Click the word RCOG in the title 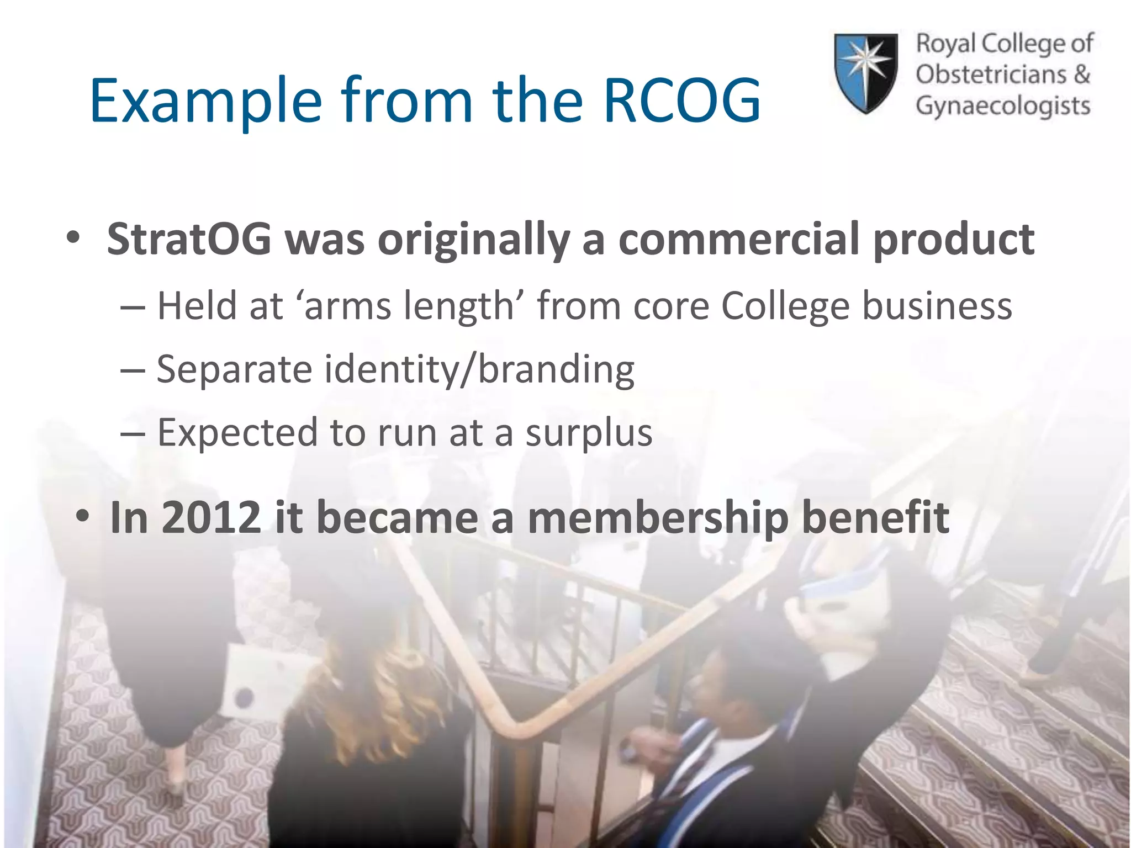[682, 101]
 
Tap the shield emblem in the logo [865, 73]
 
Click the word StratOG [189, 240]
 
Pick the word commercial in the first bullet [738, 240]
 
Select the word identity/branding [479, 370]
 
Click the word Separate [235, 370]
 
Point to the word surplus [589, 434]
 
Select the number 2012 [212, 518]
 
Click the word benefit [875, 518]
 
